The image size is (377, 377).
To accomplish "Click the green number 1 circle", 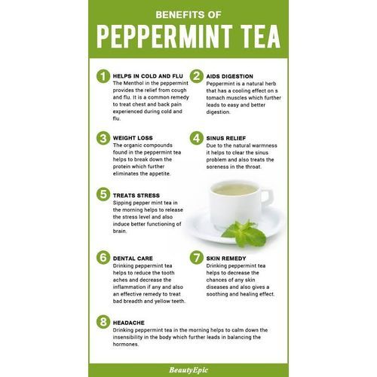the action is click(x=103, y=76).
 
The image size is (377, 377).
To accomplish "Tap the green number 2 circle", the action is click(x=197, y=76).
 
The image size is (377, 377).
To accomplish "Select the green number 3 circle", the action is click(x=103, y=138).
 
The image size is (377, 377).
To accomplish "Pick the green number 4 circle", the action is click(x=197, y=138).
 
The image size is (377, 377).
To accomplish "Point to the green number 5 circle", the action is click(x=103, y=195).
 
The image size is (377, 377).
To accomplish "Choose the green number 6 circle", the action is click(x=103, y=257).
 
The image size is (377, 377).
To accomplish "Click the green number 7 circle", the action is click(x=197, y=257).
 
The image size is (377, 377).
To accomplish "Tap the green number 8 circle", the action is click(x=103, y=322).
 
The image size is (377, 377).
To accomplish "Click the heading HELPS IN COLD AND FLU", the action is click(x=148, y=76).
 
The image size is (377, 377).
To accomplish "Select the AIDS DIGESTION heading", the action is click(x=230, y=76).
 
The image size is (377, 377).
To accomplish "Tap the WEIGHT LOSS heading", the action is click(x=133, y=138).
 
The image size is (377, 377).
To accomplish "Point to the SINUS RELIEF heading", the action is click(x=226, y=138).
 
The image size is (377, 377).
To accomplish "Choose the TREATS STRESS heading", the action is click(x=136, y=195).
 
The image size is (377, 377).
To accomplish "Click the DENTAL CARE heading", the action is click(x=133, y=259).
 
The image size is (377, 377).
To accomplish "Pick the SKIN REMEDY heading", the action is click(x=226, y=259).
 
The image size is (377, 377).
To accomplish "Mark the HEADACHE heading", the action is click(x=129, y=323).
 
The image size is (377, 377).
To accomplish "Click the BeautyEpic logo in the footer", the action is click(x=188, y=370).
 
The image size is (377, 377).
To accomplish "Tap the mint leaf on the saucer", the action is click(x=245, y=234).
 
